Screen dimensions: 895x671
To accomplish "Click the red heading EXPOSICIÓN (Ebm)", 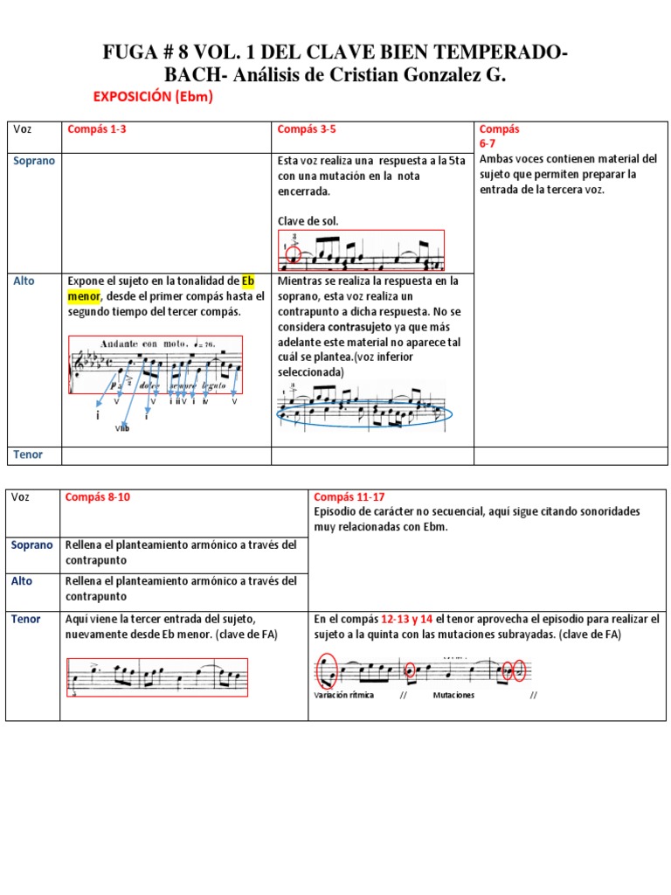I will tap(152, 97).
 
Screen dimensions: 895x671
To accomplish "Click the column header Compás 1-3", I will tap(95, 129).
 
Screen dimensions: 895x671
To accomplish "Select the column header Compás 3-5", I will tap(307, 129).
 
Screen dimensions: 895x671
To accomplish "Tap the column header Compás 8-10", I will tap(99, 497).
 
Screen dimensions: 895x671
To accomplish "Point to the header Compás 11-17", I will tap(342, 496).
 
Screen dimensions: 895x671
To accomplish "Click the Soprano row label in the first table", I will tap(32, 161).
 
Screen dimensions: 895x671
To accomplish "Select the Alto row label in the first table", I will tap(24, 281).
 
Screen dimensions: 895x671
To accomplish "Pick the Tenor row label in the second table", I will tap(26, 619).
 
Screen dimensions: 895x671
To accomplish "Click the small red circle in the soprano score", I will tap(293, 255).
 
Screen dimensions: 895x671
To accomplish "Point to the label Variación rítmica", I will tap(343, 696).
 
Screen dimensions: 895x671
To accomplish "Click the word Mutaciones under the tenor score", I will tap(453, 696).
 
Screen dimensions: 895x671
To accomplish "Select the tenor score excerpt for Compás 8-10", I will tap(158, 676).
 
